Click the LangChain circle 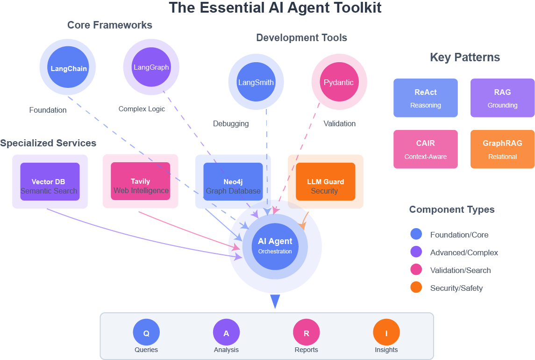68,67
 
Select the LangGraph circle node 151,67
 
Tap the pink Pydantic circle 339,82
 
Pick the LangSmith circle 256,82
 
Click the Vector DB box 50,181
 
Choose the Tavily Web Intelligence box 140,181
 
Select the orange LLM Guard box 325,181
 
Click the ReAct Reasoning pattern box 425,98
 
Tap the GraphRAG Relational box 502,149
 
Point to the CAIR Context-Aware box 425,149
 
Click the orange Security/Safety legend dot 416,288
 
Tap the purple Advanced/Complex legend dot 416,252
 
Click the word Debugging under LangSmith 231,124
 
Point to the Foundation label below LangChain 48,110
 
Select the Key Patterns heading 464,58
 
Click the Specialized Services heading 48,143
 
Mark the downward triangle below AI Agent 275,301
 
